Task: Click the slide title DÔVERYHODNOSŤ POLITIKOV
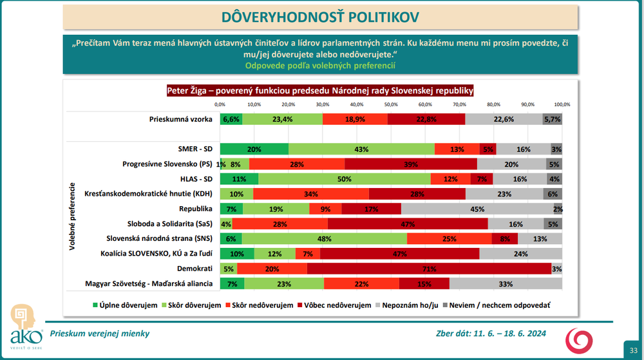pos(321,17)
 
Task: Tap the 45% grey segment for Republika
pos(477,209)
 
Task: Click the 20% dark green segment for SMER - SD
pos(254,149)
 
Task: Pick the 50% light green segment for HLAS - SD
pos(344,179)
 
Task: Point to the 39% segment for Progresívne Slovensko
pos(411,164)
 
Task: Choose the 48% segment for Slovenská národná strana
pos(324,238)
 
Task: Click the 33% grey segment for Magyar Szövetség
pos(506,283)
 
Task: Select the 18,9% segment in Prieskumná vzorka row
pos(355,119)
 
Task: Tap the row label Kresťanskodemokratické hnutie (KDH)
pos(149,194)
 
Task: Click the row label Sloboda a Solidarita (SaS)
pos(163,223)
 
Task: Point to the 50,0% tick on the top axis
pos(390,104)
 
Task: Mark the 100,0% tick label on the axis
pos(562,104)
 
